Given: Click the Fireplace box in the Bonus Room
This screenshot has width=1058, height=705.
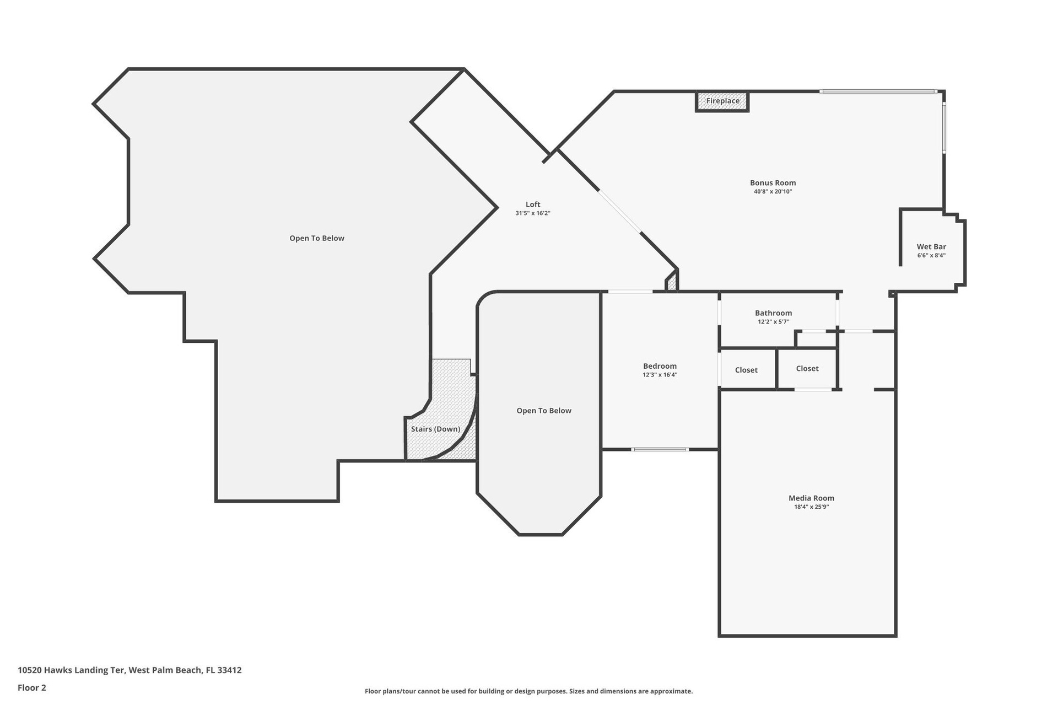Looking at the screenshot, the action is (x=722, y=101).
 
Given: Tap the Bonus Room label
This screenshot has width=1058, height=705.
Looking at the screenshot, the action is (x=773, y=183).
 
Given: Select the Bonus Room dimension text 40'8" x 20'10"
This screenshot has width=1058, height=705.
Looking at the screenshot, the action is (x=773, y=192).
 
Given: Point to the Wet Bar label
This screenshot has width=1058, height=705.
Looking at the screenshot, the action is (x=931, y=247).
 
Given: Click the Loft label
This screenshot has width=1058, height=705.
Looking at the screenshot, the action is (x=533, y=204).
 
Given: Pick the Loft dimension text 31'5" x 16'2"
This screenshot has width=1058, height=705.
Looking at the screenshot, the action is (x=533, y=213).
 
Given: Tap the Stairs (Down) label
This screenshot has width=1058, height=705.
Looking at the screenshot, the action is (x=435, y=429).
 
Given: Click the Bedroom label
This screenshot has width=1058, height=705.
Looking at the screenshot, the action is (x=660, y=366).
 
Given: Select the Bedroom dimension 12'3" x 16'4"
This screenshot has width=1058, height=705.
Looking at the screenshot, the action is (x=660, y=375).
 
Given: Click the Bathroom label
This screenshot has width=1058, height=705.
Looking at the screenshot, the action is (x=773, y=313).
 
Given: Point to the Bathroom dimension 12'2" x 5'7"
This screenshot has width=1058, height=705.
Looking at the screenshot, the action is (x=773, y=322).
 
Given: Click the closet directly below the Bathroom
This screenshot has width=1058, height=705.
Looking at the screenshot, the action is (x=807, y=369).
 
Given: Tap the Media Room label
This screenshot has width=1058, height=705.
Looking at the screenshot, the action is (x=811, y=498).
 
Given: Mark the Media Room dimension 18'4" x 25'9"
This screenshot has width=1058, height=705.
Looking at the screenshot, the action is (x=811, y=507).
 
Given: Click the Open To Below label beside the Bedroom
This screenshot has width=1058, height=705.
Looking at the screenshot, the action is (x=544, y=411).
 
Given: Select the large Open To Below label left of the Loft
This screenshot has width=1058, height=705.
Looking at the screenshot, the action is (x=317, y=238).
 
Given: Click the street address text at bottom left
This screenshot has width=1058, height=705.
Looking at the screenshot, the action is (x=129, y=670).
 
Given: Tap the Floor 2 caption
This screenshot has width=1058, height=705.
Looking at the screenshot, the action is (x=32, y=687).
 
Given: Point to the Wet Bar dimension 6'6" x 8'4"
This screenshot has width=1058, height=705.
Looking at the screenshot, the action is (x=931, y=256).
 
